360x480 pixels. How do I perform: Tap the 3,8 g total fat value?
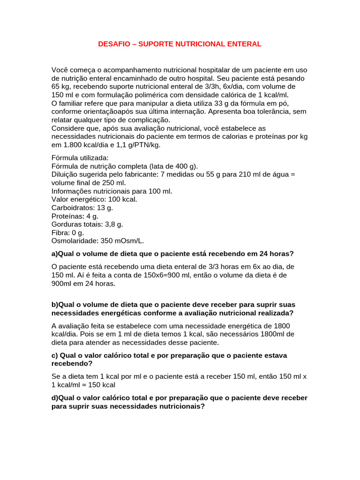(x=113, y=225)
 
